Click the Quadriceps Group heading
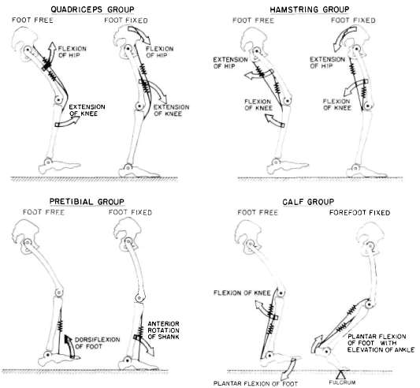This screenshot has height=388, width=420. pos(92,9)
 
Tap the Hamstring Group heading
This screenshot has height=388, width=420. pos(310,9)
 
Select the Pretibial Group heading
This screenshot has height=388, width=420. pos(87,201)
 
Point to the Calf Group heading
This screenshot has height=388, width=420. pos(308,202)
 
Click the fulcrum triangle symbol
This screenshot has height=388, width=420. pos(341,374)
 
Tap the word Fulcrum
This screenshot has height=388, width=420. pos(342,382)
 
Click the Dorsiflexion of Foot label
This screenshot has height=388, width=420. pos(97,343)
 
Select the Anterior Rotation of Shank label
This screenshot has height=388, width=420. pos(163,330)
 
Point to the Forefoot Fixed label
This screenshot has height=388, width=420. pos(359,213)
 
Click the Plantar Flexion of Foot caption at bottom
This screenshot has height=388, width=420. pos(255,384)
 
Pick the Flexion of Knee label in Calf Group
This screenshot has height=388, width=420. pos(242,293)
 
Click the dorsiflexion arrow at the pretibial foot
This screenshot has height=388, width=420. pos(69,346)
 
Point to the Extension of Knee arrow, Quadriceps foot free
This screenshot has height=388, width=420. pos(68,121)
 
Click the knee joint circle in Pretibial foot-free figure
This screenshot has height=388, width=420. pos(58,292)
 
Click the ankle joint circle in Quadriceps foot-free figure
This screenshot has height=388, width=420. pos(48,162)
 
